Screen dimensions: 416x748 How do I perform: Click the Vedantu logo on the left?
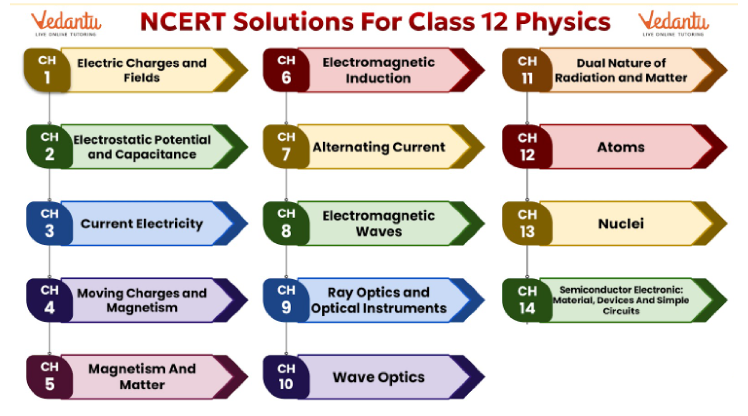66,23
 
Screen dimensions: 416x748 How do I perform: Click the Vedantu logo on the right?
673,23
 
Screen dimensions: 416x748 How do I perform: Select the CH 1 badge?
47,70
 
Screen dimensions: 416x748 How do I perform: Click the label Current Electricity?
142,224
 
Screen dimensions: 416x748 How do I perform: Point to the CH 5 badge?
50,377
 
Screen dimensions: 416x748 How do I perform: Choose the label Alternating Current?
379,147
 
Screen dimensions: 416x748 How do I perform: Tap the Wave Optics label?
379,377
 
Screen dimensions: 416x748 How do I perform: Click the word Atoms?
621,147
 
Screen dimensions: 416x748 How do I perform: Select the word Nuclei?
621,224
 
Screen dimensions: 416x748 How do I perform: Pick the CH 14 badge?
527,300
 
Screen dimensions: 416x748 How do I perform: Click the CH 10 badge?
286,377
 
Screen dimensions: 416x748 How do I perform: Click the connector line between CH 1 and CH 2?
50,108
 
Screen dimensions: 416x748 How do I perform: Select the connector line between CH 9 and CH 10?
286,338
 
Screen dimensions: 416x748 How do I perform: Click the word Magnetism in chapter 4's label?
142,308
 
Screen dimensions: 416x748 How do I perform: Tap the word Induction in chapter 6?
378,78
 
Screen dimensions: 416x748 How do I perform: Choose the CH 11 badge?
527,70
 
